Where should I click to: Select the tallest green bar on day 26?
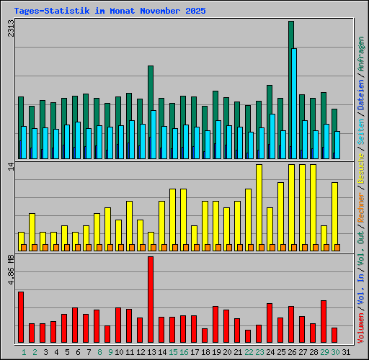291,86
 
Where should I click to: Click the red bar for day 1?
21,318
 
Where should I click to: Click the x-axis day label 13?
151,352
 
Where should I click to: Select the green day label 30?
335,352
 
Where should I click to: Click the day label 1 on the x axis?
24,352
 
